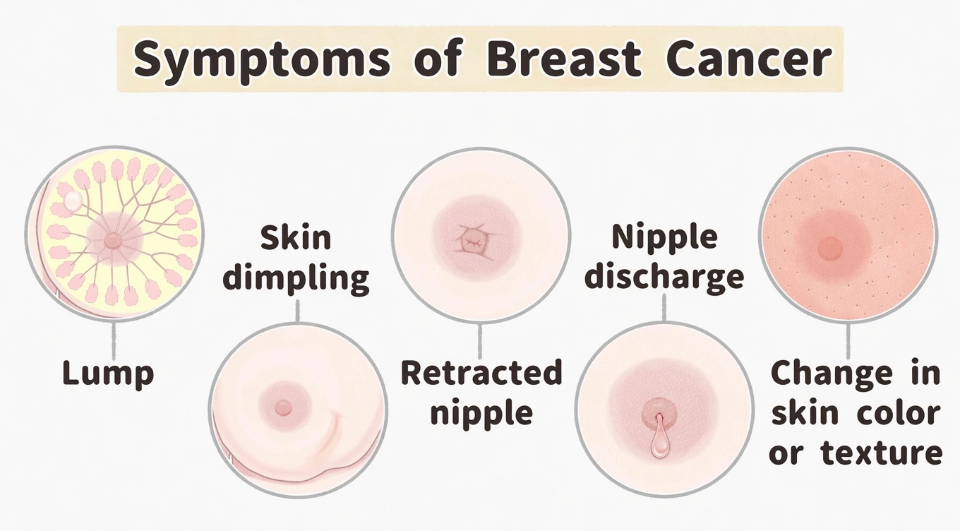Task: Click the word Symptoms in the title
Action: point(262,61)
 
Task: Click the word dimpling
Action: point(296,278)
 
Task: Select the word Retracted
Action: point(481,372)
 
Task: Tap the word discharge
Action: point(664,276)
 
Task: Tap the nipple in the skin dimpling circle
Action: point(283,407)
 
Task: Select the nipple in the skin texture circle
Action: point(829,247)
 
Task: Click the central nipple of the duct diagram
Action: point(113,241)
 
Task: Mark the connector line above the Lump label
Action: point(114,340)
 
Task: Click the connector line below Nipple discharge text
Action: point(664,308)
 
